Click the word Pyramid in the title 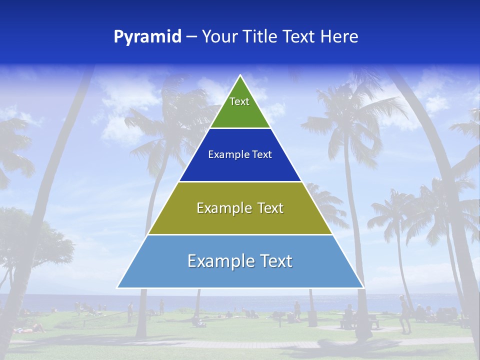pos(147,37)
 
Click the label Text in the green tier pos(239,101)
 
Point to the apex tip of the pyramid pos(240,76)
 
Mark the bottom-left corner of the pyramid pos(118,287)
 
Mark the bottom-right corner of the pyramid pos(363,287)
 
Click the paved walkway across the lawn pos(240,344)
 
